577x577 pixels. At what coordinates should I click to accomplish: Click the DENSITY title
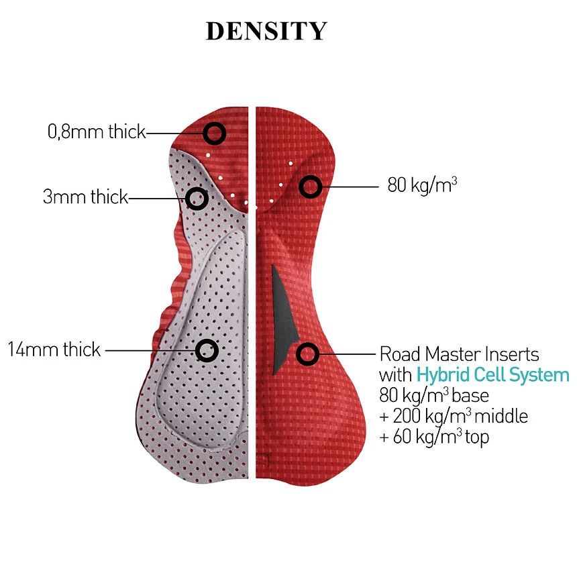pyautogui.click(x=266, y=32)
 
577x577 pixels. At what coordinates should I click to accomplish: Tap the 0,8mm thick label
pyautogui.click(x=97, y=132)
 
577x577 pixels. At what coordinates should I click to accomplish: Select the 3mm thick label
pyautogui.click(x=85, y=197)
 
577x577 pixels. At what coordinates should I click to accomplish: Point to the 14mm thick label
pyautogui.click(x=54, y=350)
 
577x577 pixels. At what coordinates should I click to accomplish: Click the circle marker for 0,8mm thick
pyautogui.click(x=214, y=134)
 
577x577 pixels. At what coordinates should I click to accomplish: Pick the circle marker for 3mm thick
pyautogui.click(x=197, y=198)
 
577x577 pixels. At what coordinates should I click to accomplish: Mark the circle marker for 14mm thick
pyautogui.click(x=207, y=350)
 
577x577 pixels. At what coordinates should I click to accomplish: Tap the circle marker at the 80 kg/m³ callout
pyautogui.click(x=309, y=186)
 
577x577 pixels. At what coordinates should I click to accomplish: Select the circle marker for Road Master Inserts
pyautogui.click(x=308, y=354)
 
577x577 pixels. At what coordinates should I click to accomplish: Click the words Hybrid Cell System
pyautogui.click(x=492, y=374)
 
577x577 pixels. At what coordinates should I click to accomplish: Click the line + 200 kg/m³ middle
pyautogui.click(x=453, y=416)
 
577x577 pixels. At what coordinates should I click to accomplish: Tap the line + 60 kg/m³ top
pyautogui.click(x=434, y=437)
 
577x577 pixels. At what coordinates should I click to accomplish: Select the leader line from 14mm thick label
pyautogui.click(x=151, y=350)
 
